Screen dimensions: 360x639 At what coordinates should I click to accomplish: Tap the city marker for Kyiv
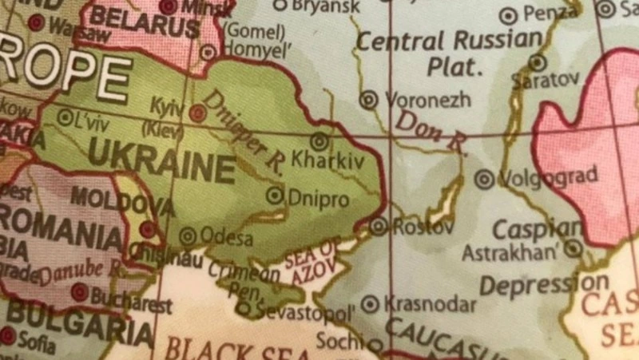click(197, 113)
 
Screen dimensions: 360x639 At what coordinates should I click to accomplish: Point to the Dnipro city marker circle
click(276, 194)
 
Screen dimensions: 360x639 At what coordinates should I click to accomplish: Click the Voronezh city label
click(427, 101)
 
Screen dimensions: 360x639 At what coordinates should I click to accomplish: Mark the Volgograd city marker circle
click(484, 180)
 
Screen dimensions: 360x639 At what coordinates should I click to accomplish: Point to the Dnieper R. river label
click(244, 132)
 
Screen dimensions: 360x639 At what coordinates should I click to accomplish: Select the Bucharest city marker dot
click(79, 293)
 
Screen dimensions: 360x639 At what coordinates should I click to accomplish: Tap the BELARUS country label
click(144, 24)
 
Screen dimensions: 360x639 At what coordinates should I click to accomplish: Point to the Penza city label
click(550, 14)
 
